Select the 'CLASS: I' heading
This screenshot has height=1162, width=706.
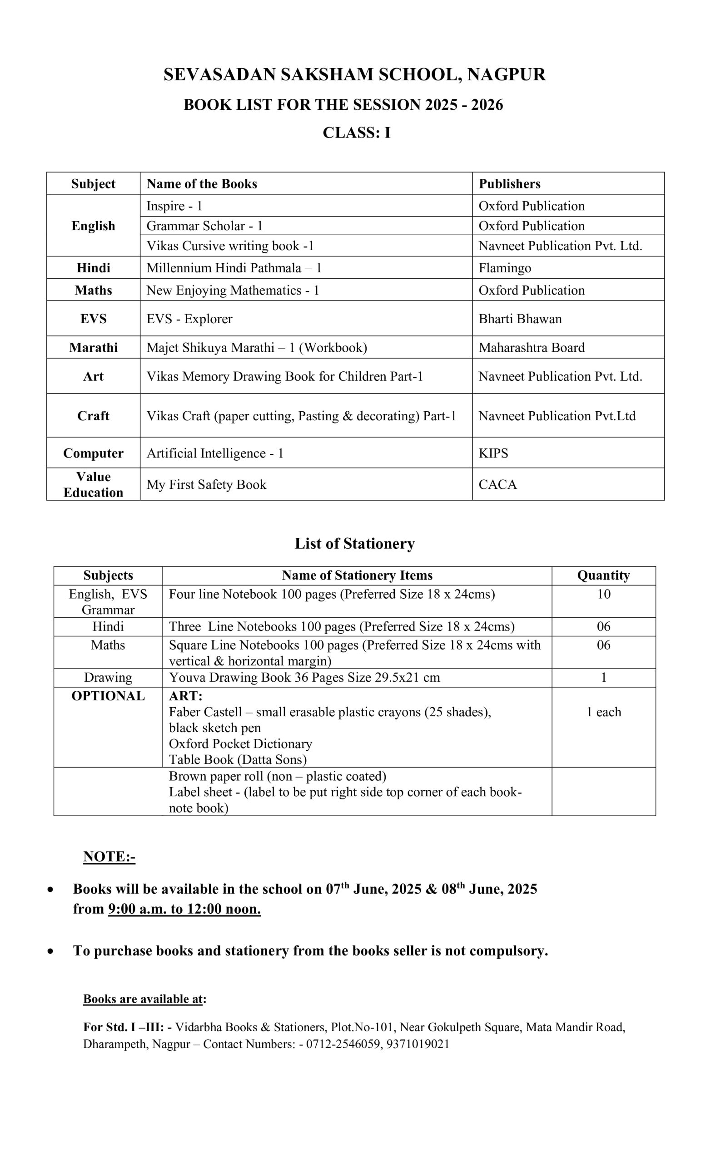356,133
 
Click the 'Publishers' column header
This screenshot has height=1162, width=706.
510,183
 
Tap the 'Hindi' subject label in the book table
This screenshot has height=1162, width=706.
94,268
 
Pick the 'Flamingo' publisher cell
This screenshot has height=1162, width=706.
504,268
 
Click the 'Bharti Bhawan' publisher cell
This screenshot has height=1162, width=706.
520,319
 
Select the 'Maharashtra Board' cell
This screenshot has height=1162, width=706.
532,348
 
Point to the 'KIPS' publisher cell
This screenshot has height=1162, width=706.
493,453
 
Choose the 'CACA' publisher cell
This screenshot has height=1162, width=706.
497,485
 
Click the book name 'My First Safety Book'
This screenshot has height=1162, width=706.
206,485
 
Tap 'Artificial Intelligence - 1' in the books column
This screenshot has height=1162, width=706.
215,453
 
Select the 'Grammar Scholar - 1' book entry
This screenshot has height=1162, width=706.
204,226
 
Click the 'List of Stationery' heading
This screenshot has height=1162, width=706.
354,544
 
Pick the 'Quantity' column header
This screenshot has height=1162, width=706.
603,576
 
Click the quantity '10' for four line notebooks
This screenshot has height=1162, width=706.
604,594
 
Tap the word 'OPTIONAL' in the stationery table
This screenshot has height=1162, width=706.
108,696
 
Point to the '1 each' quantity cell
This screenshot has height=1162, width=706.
604,712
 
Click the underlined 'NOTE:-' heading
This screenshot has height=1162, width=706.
109,857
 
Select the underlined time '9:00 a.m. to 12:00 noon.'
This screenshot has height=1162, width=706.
184,909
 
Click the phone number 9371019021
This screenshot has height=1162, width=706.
418,1044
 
